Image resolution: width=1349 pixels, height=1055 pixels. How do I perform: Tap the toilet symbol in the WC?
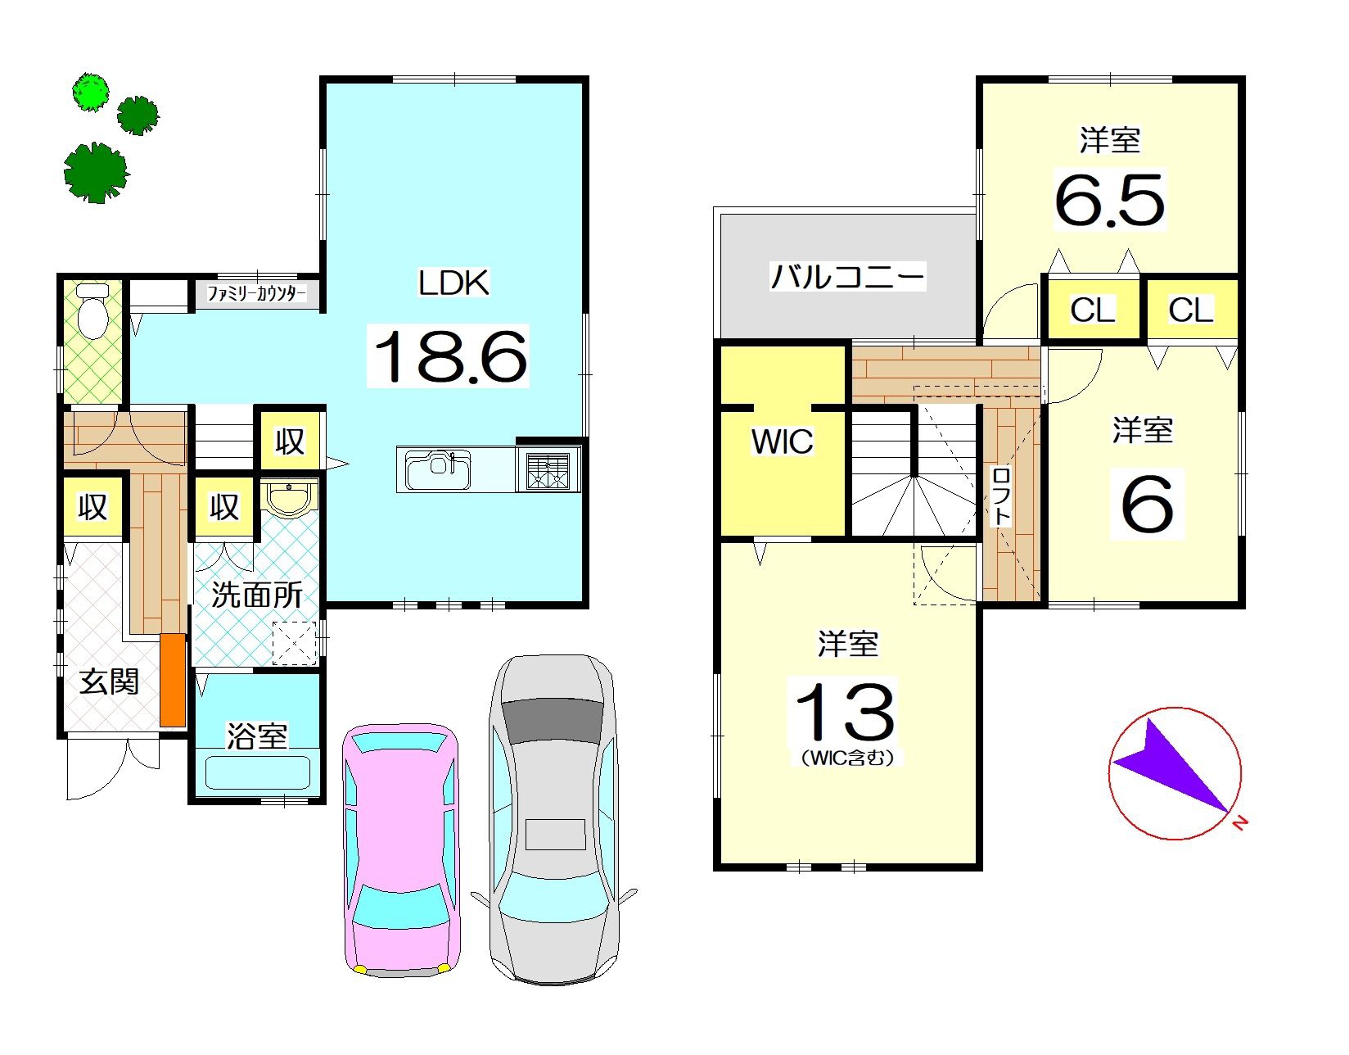[x=92, y=311]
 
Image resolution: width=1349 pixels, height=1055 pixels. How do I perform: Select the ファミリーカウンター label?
[x=256, y=293]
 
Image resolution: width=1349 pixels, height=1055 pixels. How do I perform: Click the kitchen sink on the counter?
[x=438, y=470]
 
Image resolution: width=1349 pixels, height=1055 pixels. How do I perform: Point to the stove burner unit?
[x=548, y=470]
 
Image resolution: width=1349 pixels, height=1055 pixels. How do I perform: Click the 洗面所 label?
[x=257, y=595]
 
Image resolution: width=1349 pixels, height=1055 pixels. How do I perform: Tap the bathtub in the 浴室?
[x=256, y=772]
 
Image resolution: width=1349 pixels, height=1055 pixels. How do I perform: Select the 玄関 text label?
[x=109, y=681]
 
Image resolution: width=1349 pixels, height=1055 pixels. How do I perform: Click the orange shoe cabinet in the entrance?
[x=173, y=680]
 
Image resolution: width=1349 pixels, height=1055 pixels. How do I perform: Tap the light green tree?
[x=91, y=92]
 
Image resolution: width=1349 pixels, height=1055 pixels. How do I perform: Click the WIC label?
[x=782, y=441]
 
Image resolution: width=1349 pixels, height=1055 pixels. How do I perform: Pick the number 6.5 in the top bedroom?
[x=1109, y=200]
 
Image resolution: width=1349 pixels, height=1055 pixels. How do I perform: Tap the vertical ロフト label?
[x=1001, y=497]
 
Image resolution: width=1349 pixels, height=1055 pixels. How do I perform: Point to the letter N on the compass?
[x=1240, y=823]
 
